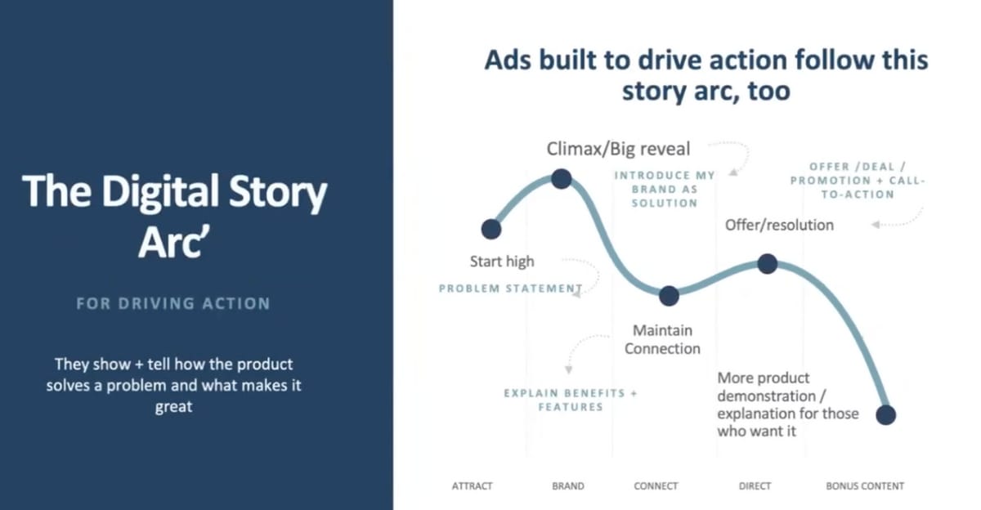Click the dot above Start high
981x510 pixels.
click(491, 229)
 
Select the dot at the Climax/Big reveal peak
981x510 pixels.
click(561, 179)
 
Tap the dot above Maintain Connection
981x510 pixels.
click(669, 296)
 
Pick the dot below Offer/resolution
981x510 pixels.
click(768, 263)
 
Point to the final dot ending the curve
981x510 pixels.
click(885, 414)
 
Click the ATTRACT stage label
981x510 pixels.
click(473, 486)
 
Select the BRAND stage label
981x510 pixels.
click(568, 486)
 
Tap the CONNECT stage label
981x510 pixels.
click(656, 486)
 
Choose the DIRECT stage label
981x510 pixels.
click(755, 486)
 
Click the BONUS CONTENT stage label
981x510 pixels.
click(865, 486)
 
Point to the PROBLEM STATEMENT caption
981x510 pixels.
click(511, 289)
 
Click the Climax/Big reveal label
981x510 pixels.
click(618, 149)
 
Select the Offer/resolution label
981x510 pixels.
click(780, 225)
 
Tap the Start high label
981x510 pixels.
click(502, 262)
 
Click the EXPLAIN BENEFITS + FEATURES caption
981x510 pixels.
click(571, 400)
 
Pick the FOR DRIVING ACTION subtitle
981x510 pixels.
click(173, 303)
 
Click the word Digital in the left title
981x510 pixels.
click(160, 191)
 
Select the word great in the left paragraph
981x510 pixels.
click(173, 407)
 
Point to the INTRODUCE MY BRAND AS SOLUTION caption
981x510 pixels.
click(665, 189)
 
